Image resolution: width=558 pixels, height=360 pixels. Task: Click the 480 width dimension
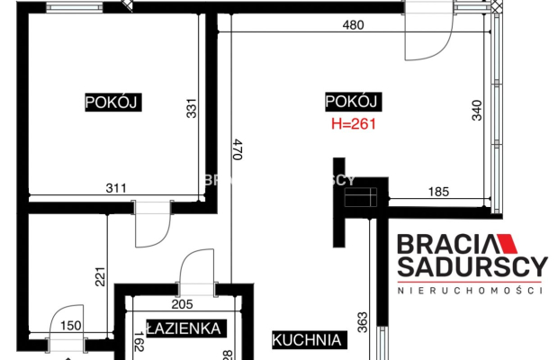[x=353, y=26]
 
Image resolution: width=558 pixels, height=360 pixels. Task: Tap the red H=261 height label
[x=347, y=123]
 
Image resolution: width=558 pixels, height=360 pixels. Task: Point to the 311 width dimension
[x=114, y=188]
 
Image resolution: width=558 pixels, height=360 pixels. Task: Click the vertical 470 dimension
[x=237, y=148]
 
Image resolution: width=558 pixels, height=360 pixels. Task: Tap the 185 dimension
[x=438, y=191]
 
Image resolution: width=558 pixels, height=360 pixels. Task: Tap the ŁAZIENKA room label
[x=184, y=329]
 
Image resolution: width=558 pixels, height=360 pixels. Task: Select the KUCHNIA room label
[x=309, y=340]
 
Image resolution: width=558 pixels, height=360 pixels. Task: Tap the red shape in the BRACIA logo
[x=505, y=243]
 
